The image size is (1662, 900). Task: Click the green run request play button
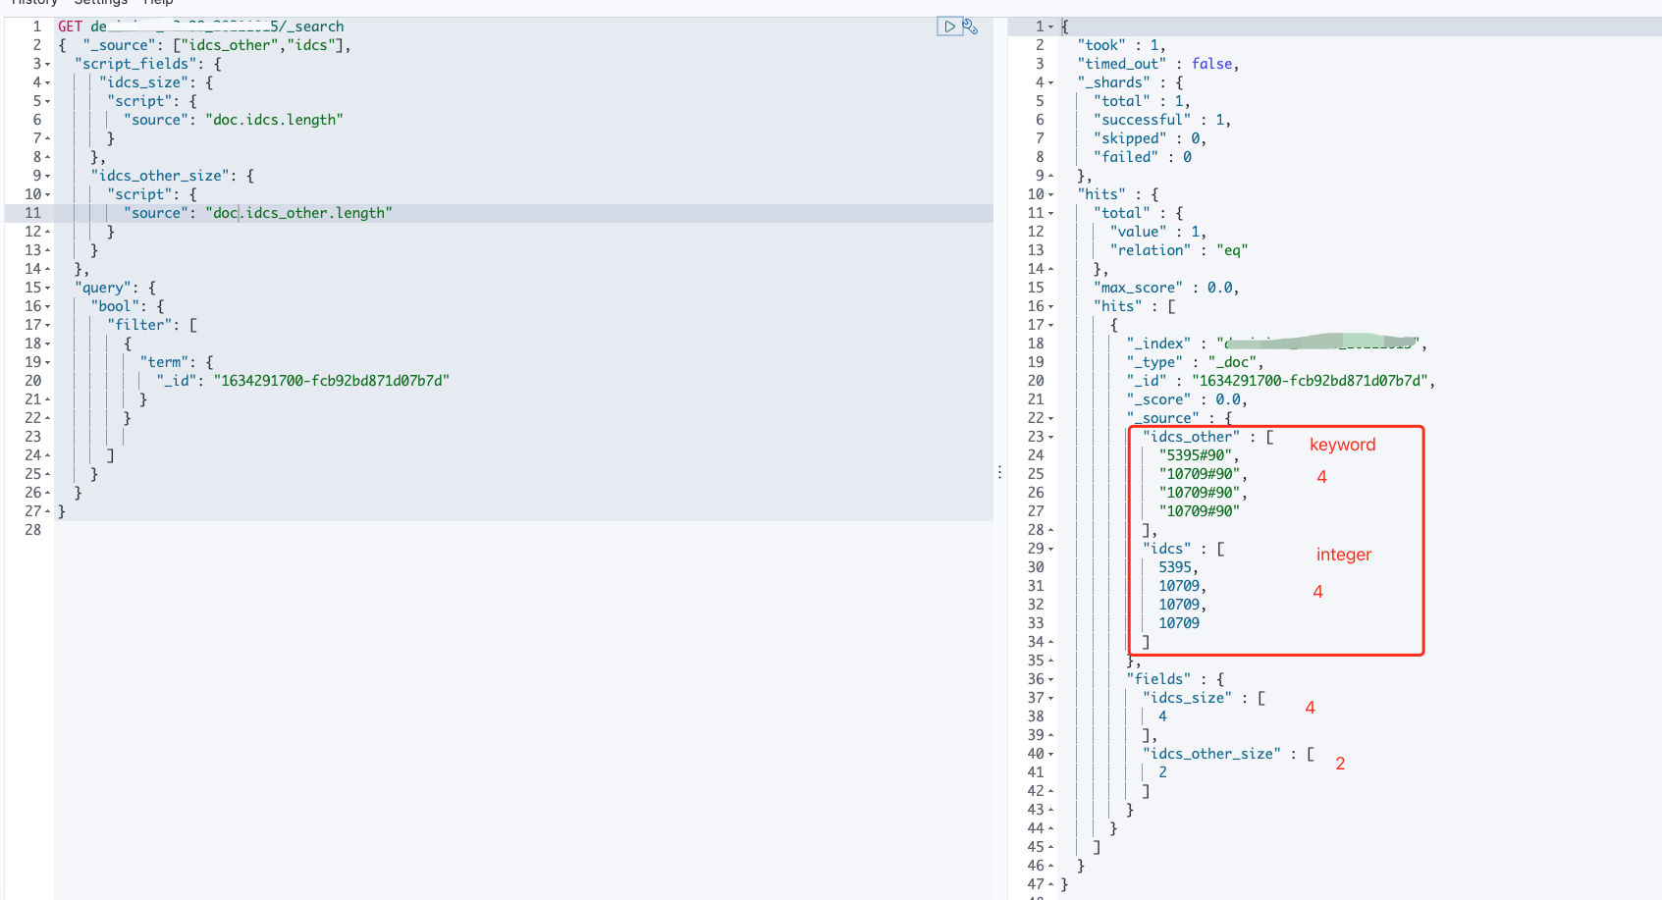pyautogui.click(x=949, y=26)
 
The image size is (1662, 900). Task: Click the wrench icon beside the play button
pyautogui.click(x=970, y=26)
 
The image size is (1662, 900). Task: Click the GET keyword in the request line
pyautogui.click(x=70, y=26)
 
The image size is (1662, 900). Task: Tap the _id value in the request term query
pyautogui.click(x=331, y=381)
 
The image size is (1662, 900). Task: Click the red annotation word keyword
pyautogui.click(x=1342, y=445)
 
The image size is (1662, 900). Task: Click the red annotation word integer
pyautogui.click(x=1343, y=555)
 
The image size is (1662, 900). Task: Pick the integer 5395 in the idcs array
pyautogui.click(x=1175, y=567)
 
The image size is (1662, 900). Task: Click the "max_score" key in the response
pyautogui.click(x=1138, y=288)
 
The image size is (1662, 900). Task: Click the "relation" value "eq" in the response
pyautogui.click(x=1231, y=250)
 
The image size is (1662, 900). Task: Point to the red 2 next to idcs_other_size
pyautogui.click(x=1340, y=764)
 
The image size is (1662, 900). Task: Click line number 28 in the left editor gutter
pyautogui.click(x=33, y=530)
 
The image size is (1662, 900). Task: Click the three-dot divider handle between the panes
pyautogui.click(x=999, y=472)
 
